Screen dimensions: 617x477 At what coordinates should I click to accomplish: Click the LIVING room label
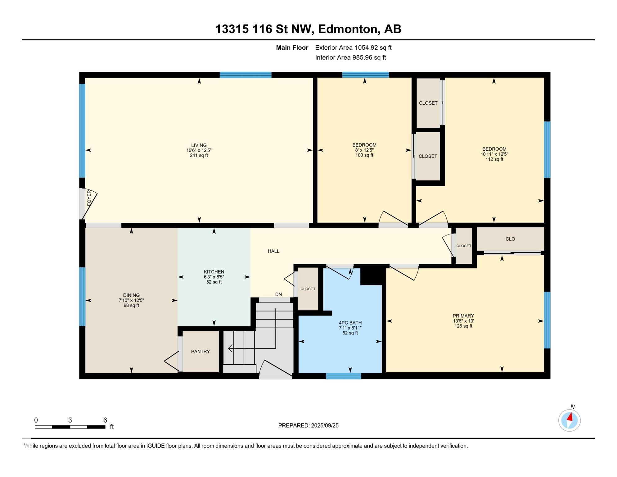[199, 145]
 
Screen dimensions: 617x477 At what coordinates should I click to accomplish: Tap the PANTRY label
[200, 352]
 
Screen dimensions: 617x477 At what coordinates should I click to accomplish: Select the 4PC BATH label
[350, 323]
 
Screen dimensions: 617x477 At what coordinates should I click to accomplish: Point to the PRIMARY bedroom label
[463, 316]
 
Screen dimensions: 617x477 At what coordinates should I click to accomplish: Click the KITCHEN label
[214, 272]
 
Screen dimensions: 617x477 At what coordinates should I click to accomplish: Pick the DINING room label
[131, 295]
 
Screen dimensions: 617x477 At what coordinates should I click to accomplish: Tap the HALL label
[273, 251]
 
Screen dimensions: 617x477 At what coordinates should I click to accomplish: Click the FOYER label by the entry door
[89, 198]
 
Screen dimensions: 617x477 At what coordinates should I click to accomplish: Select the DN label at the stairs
[278, 294]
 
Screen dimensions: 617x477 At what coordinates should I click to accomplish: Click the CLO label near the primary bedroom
[510, 239]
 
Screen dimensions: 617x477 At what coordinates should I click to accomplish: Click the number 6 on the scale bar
[105, 420]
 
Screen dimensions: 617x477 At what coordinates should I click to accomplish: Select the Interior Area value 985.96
[363, 57]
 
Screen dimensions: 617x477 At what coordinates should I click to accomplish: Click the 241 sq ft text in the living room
[199, 155]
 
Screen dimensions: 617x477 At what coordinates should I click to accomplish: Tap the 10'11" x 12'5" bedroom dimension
[494, 154]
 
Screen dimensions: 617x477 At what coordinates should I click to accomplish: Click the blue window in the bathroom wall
[343, 376]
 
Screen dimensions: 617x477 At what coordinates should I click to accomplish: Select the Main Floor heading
[292, 48]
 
